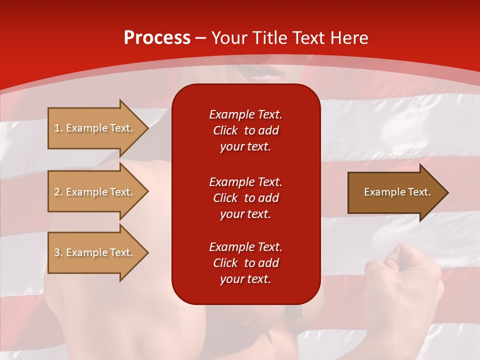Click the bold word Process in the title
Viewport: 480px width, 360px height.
point(157,38)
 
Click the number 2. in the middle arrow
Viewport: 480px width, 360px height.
point(58,192)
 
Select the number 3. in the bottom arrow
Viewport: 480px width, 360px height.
point(58,252)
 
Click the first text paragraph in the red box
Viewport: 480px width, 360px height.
point(245,130)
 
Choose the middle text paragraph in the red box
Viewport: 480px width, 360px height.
point(245,198)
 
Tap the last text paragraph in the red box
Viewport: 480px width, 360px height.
point(245,263)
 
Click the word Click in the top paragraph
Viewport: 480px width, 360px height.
point(225,130)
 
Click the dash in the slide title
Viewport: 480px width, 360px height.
point(201,38)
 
